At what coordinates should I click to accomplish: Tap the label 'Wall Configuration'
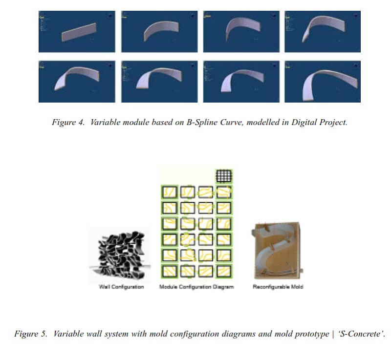tap(122, 287)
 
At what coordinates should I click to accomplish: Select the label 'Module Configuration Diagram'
tap(196, 287)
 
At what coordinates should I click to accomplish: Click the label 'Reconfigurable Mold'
tap(278, 287)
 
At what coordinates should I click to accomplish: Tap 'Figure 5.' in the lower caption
tap(31, 335)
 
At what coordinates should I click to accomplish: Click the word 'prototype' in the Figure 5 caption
tap(310, 335)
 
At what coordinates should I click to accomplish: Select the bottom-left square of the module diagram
tap(170, 270)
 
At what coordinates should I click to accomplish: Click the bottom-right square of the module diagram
tap(224, 270)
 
